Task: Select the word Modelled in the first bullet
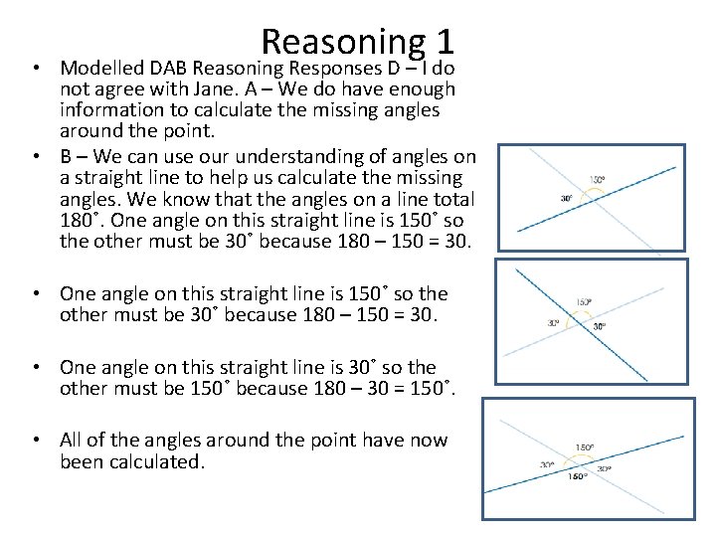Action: coord(102,69)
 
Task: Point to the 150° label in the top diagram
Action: coord(597,180)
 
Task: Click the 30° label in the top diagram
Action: coord(566,198)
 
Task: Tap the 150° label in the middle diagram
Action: coord(584,302)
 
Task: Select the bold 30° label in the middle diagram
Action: coord(601,326)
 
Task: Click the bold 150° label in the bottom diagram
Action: coord(578,476)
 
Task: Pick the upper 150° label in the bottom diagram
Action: coord(586,447)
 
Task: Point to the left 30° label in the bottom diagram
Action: coord(547,464)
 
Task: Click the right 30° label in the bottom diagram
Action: coord(604,467)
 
